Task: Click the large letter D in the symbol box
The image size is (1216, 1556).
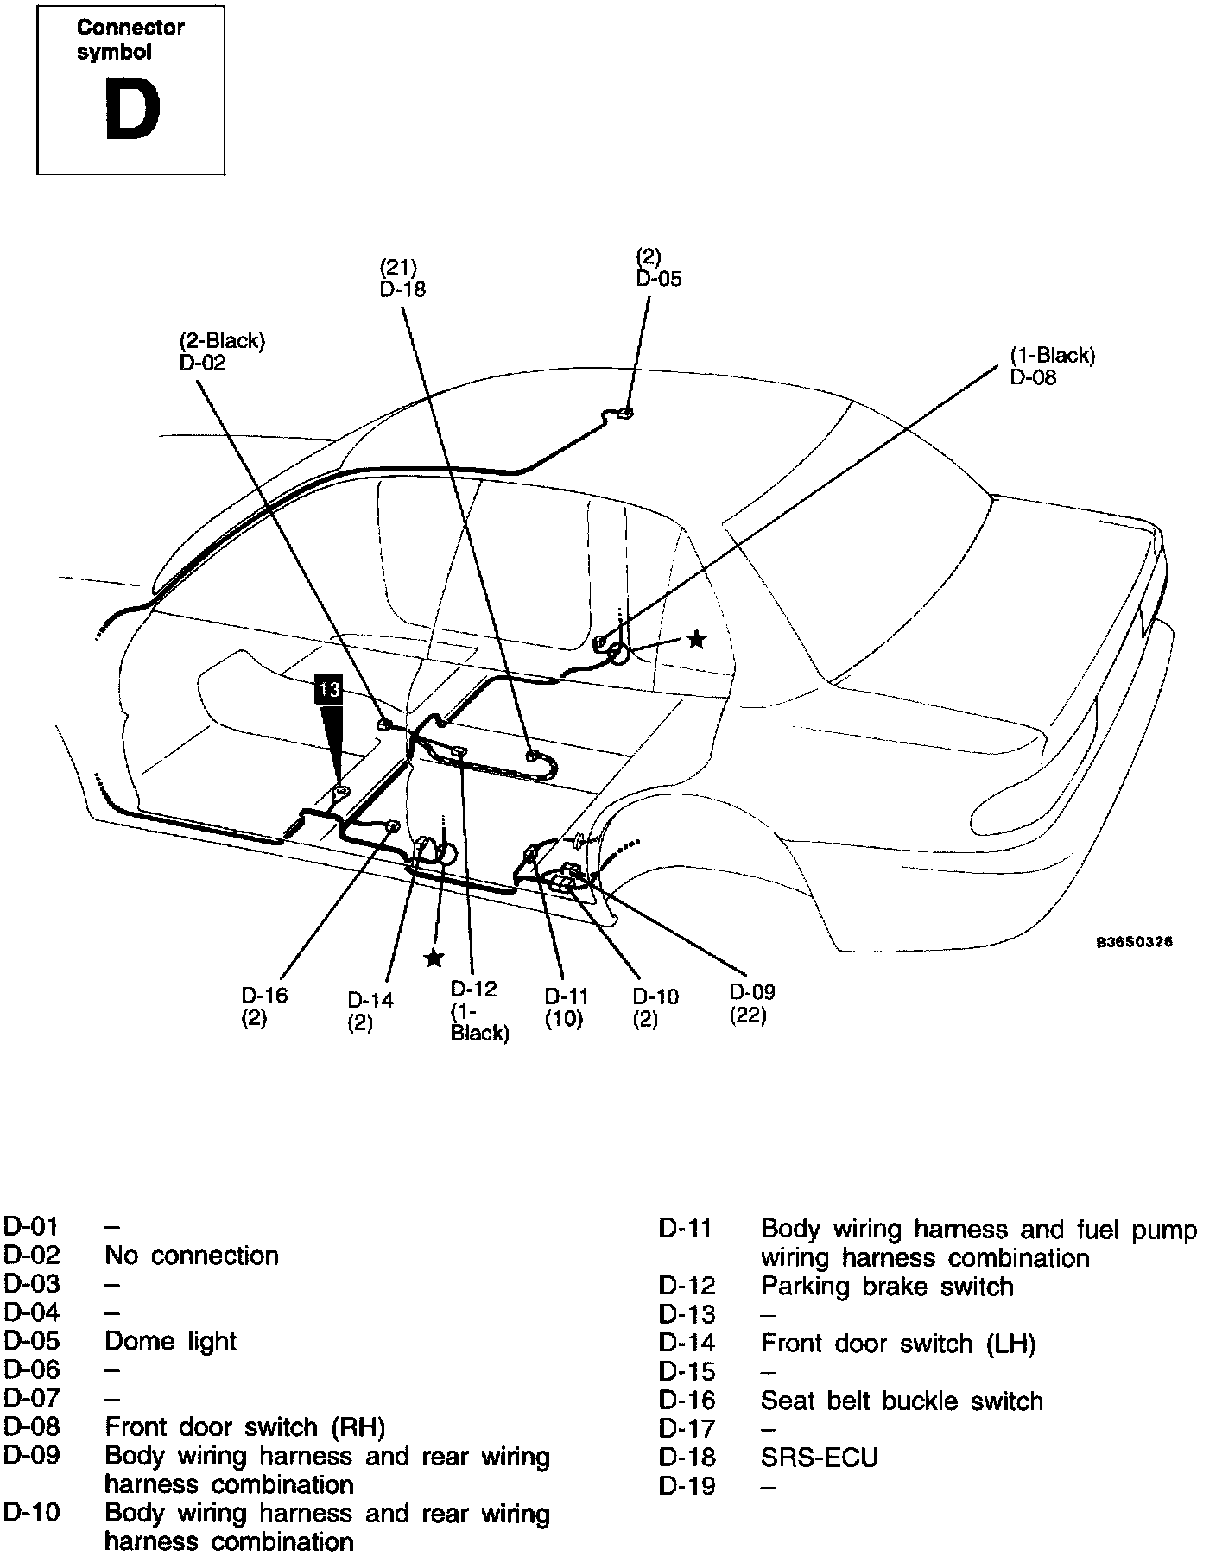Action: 132,109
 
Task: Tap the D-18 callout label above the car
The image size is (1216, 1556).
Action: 402,288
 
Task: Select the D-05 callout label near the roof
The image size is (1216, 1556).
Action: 659,278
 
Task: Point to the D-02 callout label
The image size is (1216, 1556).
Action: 203,363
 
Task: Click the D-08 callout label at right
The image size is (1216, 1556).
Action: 1033,377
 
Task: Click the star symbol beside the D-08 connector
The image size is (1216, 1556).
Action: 695,640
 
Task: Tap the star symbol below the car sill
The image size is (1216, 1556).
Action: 434,958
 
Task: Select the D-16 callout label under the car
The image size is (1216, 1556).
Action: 264,995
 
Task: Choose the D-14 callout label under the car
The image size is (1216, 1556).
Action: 370,1000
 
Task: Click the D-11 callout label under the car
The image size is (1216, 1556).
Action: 567,996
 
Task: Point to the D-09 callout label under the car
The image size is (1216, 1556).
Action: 752,992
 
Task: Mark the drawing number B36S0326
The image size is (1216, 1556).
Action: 1134,942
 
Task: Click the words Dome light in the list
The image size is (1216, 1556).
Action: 170,1341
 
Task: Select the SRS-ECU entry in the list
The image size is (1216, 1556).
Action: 819,1458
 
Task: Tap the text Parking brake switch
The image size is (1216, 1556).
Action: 886,1287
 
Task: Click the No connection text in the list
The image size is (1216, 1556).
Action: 191,1256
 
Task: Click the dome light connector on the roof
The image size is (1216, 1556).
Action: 625,413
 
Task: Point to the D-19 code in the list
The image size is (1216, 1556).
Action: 687,1486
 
